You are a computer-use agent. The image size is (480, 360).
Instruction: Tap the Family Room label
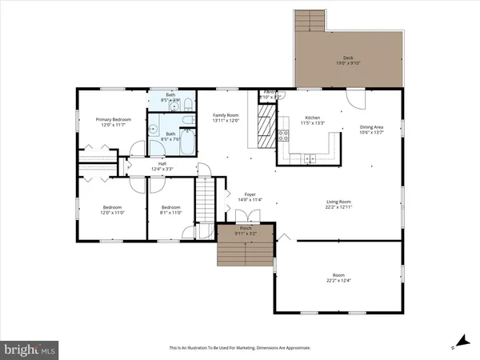226,115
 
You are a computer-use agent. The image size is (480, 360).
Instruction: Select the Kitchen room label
313,118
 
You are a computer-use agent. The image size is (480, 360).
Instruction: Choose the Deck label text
348,58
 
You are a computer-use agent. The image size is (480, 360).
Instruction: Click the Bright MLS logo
30,349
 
